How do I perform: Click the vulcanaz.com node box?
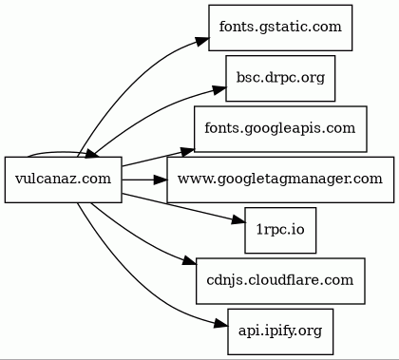click(x=64, y=180)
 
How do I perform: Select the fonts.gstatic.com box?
click(x=280, y=28)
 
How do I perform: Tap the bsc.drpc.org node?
click(x=280, y=78)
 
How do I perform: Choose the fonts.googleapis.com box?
click(x=280, y=129)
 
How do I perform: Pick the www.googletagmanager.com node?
click(x=280, y=180)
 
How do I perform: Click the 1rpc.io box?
click(x=280, y=230)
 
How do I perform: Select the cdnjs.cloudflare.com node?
click(x=280, y=281)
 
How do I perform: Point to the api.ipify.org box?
click(x=280, y=332)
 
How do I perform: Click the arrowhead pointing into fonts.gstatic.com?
click(x=202, y=42)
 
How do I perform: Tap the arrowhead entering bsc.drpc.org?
click(x=219, y=89)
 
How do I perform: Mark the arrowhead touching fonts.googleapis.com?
click(x=187, y=151)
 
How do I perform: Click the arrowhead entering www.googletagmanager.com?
click(x=160, y=180)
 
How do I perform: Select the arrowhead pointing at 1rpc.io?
click(x=238, y=220)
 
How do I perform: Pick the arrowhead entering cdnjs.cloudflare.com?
click(x=189, y=260)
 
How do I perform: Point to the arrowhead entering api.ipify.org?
click(x=220, y=324)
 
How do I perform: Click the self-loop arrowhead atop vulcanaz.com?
click(x=91, y=154)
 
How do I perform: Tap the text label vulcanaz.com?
click(x=64, y=179)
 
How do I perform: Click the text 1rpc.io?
click(x=280, y=230)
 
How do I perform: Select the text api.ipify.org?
click(x=280, y=332)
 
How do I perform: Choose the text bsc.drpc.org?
click(x=280, y=78)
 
